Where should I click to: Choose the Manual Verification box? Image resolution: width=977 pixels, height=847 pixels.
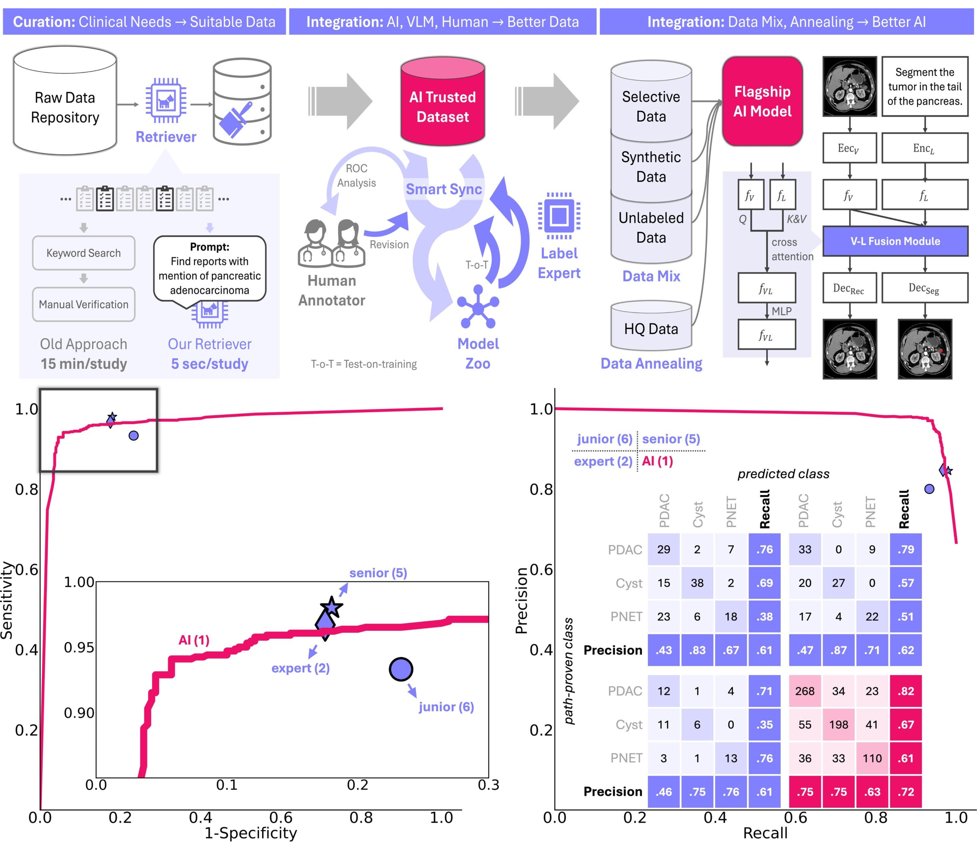pos(84,304)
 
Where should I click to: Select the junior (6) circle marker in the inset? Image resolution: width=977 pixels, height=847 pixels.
pos(401,669)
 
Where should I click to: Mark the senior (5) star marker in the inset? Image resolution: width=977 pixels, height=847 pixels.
pos(332,607)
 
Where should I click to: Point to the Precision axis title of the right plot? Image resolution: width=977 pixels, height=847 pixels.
pos(521,600)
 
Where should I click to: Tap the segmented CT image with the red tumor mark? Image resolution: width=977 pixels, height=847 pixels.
pos(924,349)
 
